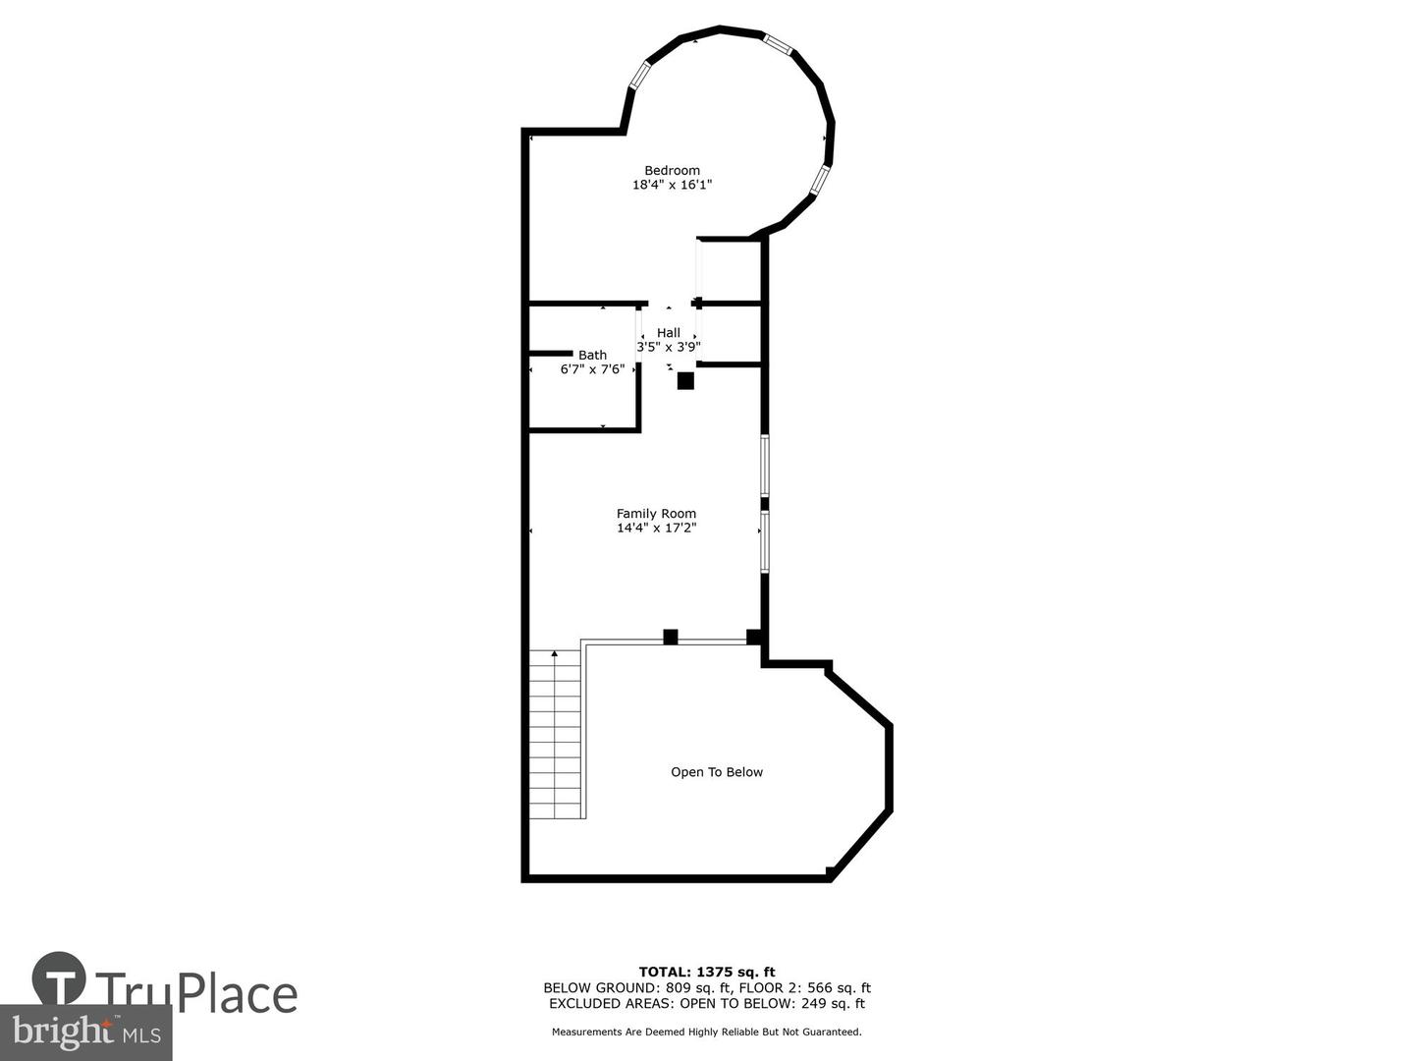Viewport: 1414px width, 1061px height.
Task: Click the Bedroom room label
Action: coord(672,170)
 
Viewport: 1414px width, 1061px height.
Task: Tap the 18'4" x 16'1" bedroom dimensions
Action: coord(672,185)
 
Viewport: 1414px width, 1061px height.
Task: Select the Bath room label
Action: coord(592,355)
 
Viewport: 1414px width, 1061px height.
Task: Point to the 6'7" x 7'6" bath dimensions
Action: coord(592,369)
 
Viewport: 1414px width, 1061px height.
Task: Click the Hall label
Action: coord(669,333)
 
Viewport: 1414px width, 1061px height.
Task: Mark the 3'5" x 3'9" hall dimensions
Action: coord(669,347)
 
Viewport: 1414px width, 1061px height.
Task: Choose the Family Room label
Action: coord(656,513)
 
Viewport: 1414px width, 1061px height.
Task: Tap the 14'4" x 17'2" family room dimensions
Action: coord(656,528)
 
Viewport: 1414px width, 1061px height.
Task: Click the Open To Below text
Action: coord(717,772)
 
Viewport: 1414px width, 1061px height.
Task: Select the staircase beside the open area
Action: coord(556,737)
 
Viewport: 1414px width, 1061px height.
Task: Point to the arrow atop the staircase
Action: coord(555,653)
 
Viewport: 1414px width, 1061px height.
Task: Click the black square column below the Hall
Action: coord(685,381)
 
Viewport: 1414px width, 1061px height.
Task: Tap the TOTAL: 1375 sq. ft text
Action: coord(707,973)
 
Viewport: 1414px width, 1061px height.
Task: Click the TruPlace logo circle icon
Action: coord(59,978)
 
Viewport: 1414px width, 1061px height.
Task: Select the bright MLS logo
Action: coord(86,1032)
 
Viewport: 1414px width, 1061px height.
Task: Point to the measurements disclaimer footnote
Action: coord(707,1032)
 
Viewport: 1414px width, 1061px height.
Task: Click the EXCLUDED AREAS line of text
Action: coord(707,1003)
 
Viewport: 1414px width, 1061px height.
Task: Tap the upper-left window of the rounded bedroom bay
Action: coord(639,76)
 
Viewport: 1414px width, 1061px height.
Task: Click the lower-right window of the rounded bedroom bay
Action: coord(820,180)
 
